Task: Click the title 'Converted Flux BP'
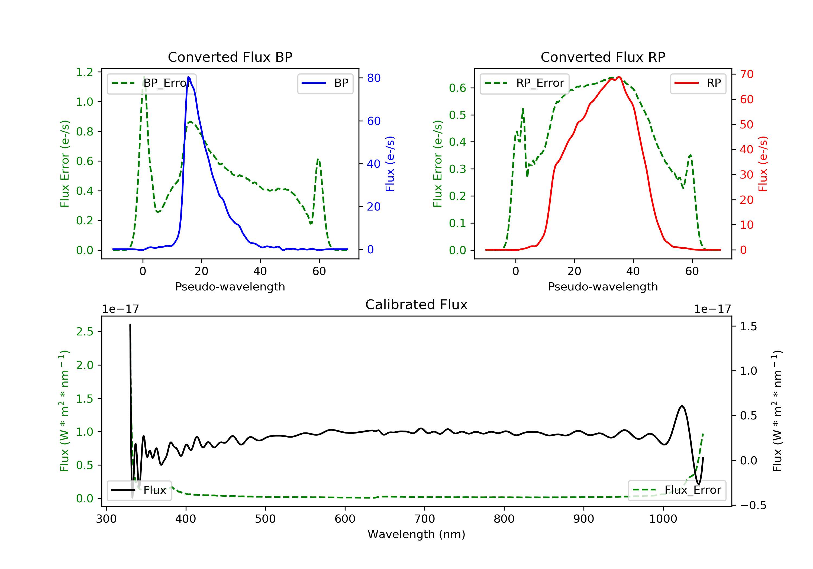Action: point(230,57)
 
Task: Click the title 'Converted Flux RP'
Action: point(603,57)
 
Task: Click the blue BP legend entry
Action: point(325,83)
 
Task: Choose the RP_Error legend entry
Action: point(524,83)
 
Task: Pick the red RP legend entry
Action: point(698,83)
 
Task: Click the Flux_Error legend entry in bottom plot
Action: point(677,490)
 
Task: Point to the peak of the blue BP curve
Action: point(188,77)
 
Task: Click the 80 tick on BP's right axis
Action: point(373,78)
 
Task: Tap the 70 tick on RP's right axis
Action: point(746,74)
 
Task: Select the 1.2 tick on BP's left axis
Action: point(85,72)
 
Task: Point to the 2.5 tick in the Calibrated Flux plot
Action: point(85,332)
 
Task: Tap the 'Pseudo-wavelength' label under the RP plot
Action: point(603,286)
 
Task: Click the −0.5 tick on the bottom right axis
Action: point(753,505)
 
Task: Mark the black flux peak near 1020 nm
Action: point(682,406)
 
